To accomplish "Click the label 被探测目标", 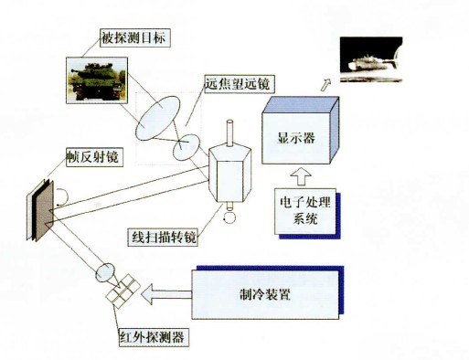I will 136,38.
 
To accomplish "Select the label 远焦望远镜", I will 240,83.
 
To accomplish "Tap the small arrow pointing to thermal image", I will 325,85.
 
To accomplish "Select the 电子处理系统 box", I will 302,212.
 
